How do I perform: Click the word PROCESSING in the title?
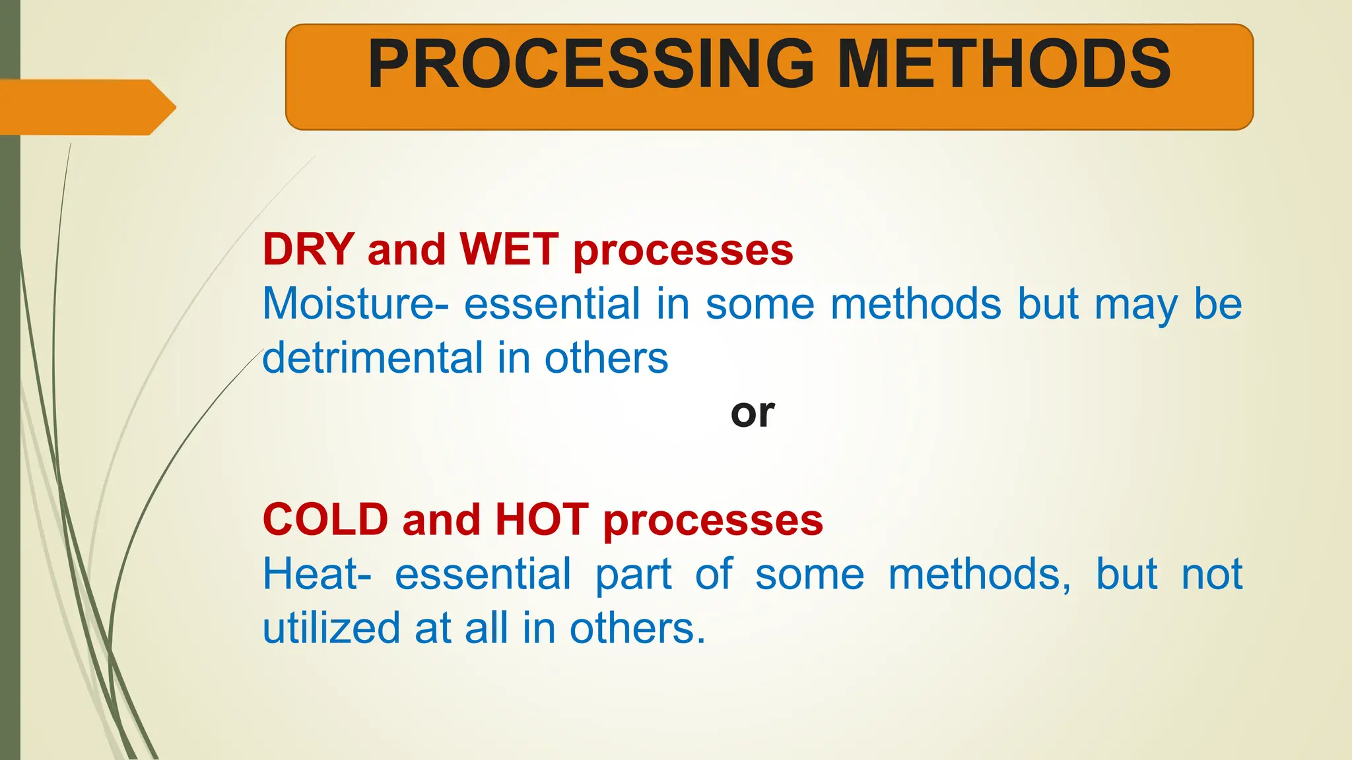pyautogui.click(x=591, y=64)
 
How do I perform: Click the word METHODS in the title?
pyautogui.click(x=1003, y=64)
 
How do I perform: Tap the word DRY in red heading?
pyautogui.click(x=309, y=249)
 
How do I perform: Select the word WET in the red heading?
pyautogui.click(x=509, y=249)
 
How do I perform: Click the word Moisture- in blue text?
pyautogui.click(x=355, y=303)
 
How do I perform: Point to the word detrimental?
pyautogui.click(x=373, y=358)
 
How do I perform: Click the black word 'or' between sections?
pyautogui.click(x=753, y=414)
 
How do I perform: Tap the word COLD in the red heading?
pyautogui.click(x=325, y=519)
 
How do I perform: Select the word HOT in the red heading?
pyautogui.click(x=541, y=519)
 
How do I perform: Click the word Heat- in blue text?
pyautogui.click(x=317, y=574)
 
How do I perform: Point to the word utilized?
pyautogui.click(x=331, y=628)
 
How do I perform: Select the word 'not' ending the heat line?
pyautogui.click(x=1212, y=574)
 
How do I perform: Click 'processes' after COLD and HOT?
pyautogui.click(x=713, y=522)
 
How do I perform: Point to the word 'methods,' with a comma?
pyautogui.click(x=980, y=574)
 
